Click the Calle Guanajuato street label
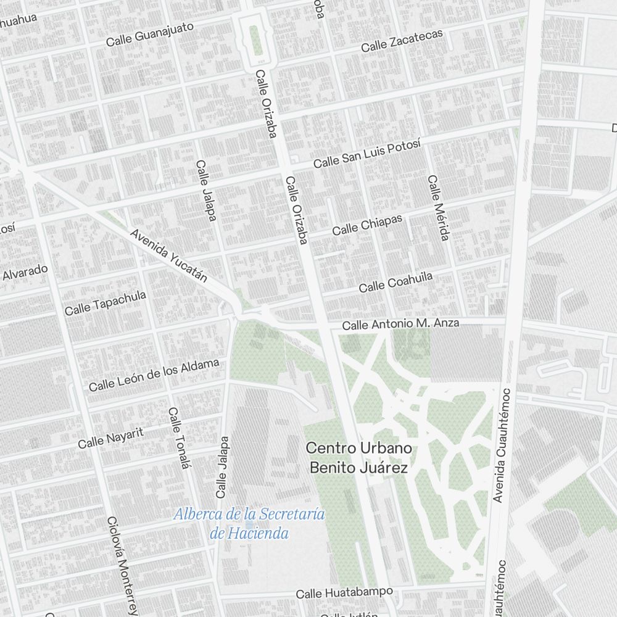(150, 35)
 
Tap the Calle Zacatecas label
(402, 41)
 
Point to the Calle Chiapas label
(367, 225)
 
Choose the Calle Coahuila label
(395, 283)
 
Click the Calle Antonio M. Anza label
(400, 323)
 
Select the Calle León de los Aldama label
(154, 375)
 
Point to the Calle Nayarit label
(111, 437)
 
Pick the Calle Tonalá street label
(178, 438)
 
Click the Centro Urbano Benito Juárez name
(358, 458)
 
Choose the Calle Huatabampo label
(344, 593)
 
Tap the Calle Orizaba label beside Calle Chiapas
(296, 210)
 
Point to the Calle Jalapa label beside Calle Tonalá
(222, 467)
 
